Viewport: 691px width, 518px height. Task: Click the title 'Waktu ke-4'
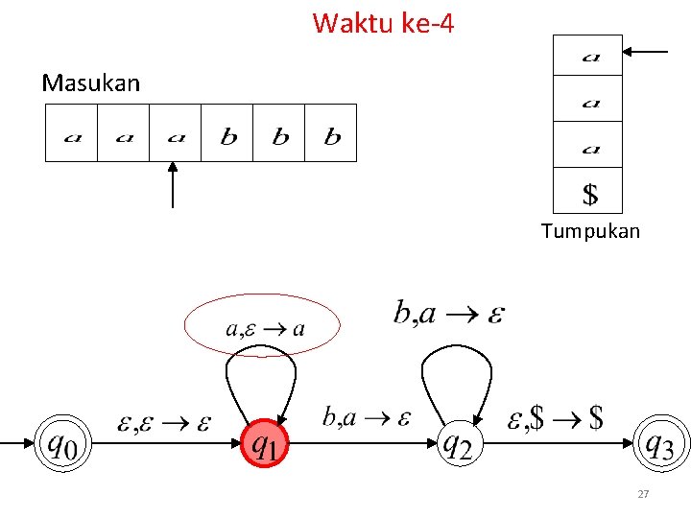pos(383,22)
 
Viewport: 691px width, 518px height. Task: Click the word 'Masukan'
pos(90,83)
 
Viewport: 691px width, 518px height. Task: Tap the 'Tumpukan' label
pos(589,231)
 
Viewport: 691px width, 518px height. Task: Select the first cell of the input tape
pos(72,133)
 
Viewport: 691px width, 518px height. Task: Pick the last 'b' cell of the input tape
pos(331,133)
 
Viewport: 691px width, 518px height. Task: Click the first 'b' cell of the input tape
pos(227,133)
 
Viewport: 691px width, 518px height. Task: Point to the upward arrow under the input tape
pos(173,184)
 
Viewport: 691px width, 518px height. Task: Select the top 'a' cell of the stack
pos(588,57)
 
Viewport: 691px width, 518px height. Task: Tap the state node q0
pos(63,444)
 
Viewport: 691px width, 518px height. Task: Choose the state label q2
pos(458,444)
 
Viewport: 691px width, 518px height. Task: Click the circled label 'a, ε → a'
pos(264,327)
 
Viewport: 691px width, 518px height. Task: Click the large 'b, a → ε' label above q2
pos(448,313)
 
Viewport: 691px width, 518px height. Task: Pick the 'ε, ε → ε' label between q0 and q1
pos(162,421)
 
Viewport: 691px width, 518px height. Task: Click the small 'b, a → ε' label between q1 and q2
pos(366,416)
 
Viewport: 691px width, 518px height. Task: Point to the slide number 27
pos(644,494)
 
